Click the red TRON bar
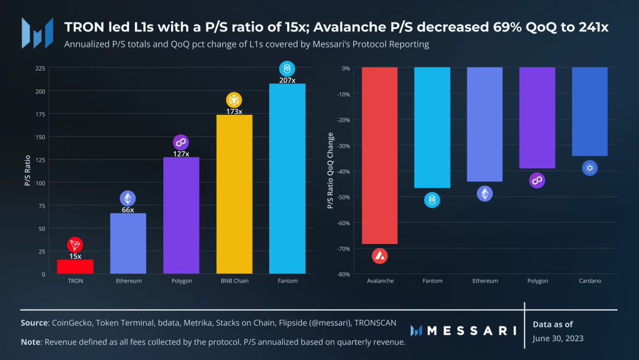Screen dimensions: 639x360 (x=75, y=266)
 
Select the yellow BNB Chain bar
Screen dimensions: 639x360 (x=234, y=194)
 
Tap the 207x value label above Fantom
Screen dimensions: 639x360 (x=288, y=81)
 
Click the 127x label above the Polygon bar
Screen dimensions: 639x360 (x=181, y=154)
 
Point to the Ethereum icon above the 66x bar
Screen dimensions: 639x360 (x=128, y=198)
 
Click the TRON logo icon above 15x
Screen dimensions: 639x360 (x=75, y=245)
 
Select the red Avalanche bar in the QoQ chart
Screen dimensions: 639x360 (x=380, y=156)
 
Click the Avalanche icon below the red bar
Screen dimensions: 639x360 (x=380, y=256)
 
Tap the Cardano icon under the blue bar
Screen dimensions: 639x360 (x=590, y=168)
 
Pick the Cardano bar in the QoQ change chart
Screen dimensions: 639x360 (x=590, y=112)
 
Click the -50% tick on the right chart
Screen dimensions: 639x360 (x=343, y=197)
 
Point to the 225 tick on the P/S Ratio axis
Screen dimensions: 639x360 (x=40, y=68)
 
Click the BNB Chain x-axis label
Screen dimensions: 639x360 (x=234, y=281)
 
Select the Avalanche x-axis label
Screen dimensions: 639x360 (x=380, y=281)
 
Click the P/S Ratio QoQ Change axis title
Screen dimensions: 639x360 (x=331, y=171)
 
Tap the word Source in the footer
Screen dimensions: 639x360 (x=34, y=323)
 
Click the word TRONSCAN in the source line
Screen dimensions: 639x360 (x=375, y=323)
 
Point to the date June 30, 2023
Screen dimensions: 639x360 (x=558, y=339)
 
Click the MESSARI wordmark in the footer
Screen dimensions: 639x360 (x=463, y=330)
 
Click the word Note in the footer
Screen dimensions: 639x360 (x=31, y=342)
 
